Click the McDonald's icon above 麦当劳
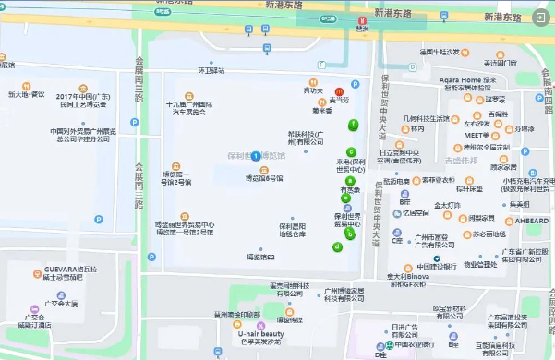(339, 92)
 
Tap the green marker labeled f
(352, 125)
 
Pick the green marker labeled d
(337, 246)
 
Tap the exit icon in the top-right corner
(540, 16)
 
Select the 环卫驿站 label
(211, 70)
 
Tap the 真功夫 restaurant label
(314, 91)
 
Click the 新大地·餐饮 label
(28, 94)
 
